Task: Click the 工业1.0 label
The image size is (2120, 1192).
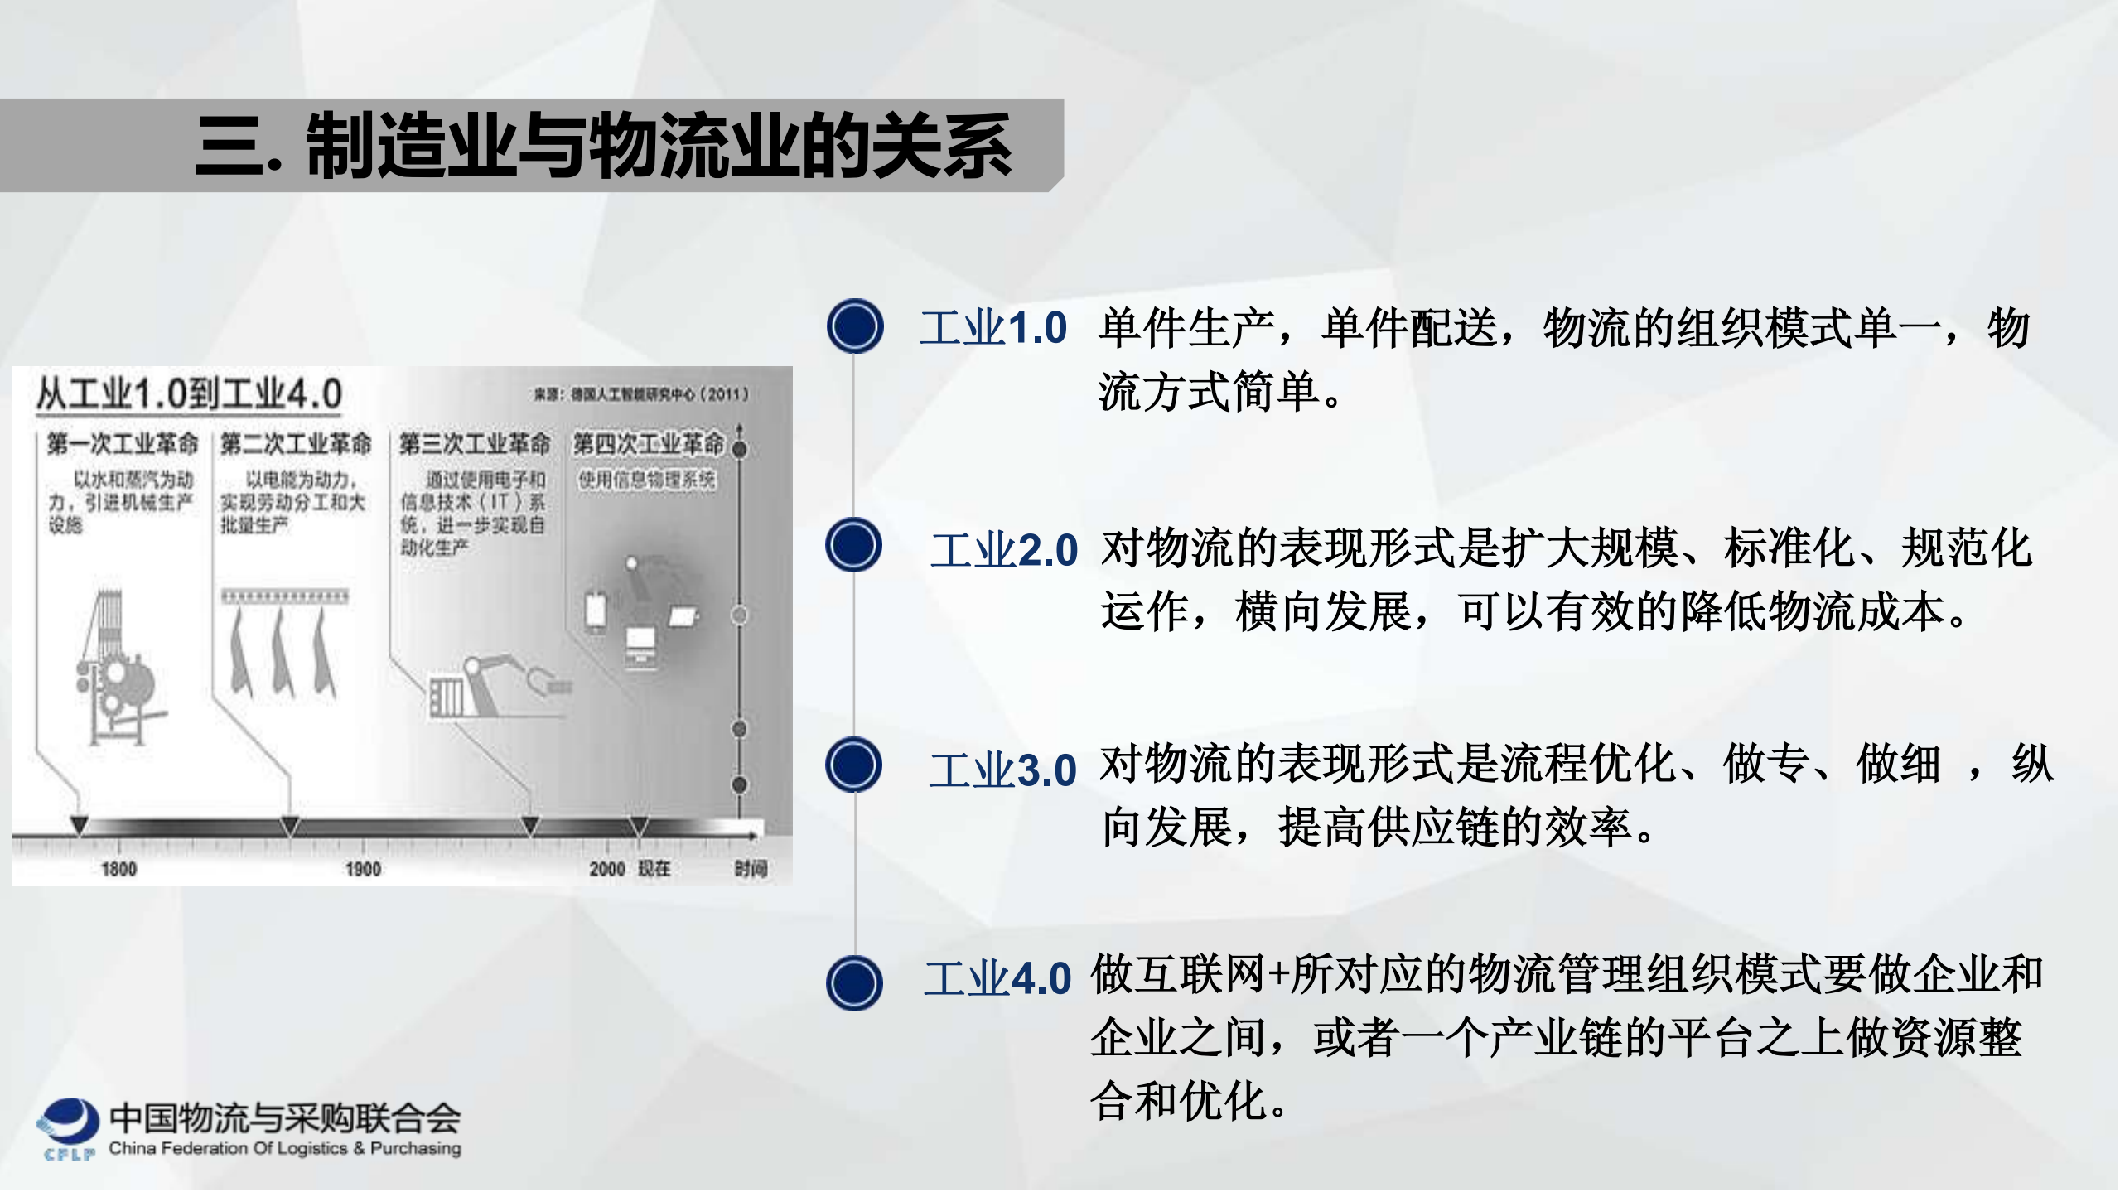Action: point(993,328)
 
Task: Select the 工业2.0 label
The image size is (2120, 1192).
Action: point(1004,550)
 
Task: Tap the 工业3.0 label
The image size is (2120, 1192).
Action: point(1002,770)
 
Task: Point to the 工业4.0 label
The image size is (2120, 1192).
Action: point(997,978)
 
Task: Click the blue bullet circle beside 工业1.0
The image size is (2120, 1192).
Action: point(855,326)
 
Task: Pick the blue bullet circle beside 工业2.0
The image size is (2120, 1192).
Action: point(853,545)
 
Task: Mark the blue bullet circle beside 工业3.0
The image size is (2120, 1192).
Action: point(853,765)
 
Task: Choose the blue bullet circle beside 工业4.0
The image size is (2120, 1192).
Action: point(854,983)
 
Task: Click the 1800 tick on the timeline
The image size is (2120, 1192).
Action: point(118,869)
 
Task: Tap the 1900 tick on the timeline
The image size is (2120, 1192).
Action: point(363,869)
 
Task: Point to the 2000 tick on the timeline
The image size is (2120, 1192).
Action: point(606,869)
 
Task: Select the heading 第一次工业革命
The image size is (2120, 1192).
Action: point(123,444)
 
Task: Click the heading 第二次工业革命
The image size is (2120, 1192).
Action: point(296,444)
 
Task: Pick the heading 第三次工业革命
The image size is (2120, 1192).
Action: point(475,444)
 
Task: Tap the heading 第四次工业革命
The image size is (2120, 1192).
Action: point(649,444)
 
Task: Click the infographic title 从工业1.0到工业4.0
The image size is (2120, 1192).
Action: point(189,393)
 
